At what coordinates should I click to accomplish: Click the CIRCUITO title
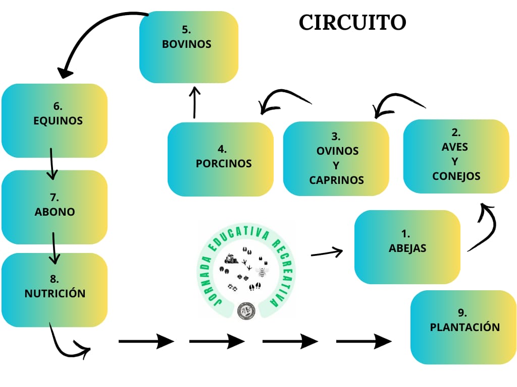(x=352, y=23)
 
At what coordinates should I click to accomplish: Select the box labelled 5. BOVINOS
(x=188, y=47)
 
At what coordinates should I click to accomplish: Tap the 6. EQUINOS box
(x=55, y=120)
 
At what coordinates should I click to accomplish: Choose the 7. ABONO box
(x=55, y=207)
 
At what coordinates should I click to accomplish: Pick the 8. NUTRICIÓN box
(x=55, y=290)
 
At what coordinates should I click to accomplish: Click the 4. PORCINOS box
(x=221, y=159)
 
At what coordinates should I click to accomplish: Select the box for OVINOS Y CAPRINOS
(x=336, y=159)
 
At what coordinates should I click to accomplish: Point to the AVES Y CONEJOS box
(x=456, y=156)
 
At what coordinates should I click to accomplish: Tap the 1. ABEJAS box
(x=407, y=247)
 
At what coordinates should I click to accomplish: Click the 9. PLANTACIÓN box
(x=464, y=327)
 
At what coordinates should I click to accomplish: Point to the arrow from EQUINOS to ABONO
(x=51, y=164)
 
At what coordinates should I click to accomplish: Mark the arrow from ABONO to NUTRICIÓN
(x=54, y=248)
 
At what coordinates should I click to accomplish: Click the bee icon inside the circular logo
(x=262, y=272)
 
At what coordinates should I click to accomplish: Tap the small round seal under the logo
(x=246, y=310)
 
